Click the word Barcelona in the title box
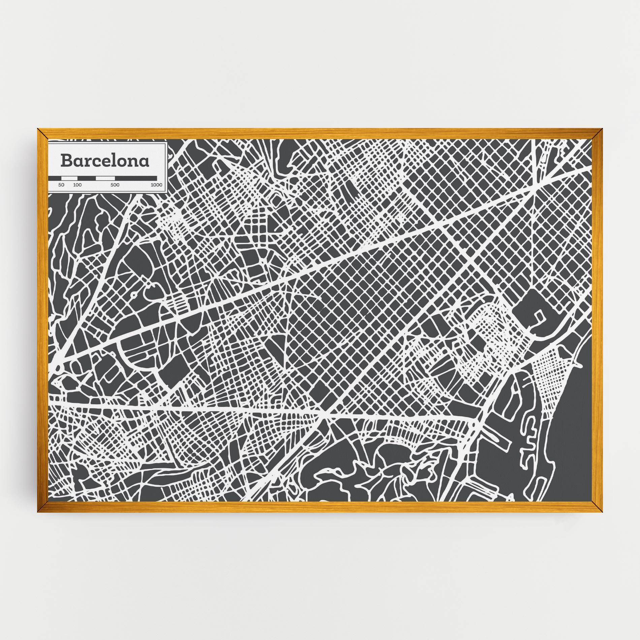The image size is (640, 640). pyautogui.click(x=104, y=161)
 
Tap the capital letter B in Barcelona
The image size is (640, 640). pyautogui.click(x=66, y=161)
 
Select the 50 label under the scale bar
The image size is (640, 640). pyautogui.click(x=61, y=185)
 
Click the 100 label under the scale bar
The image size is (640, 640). pyautogui.click(x=77, y=185)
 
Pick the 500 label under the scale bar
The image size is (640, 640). pyautogui.click(x=115, y=185)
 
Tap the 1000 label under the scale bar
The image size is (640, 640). pyautogui.click(x=156, y=185)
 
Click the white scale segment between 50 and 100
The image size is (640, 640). pyautogui.click(x=69, y=178)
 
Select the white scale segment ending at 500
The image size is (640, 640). pyautogui.click(x=105, y=178)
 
